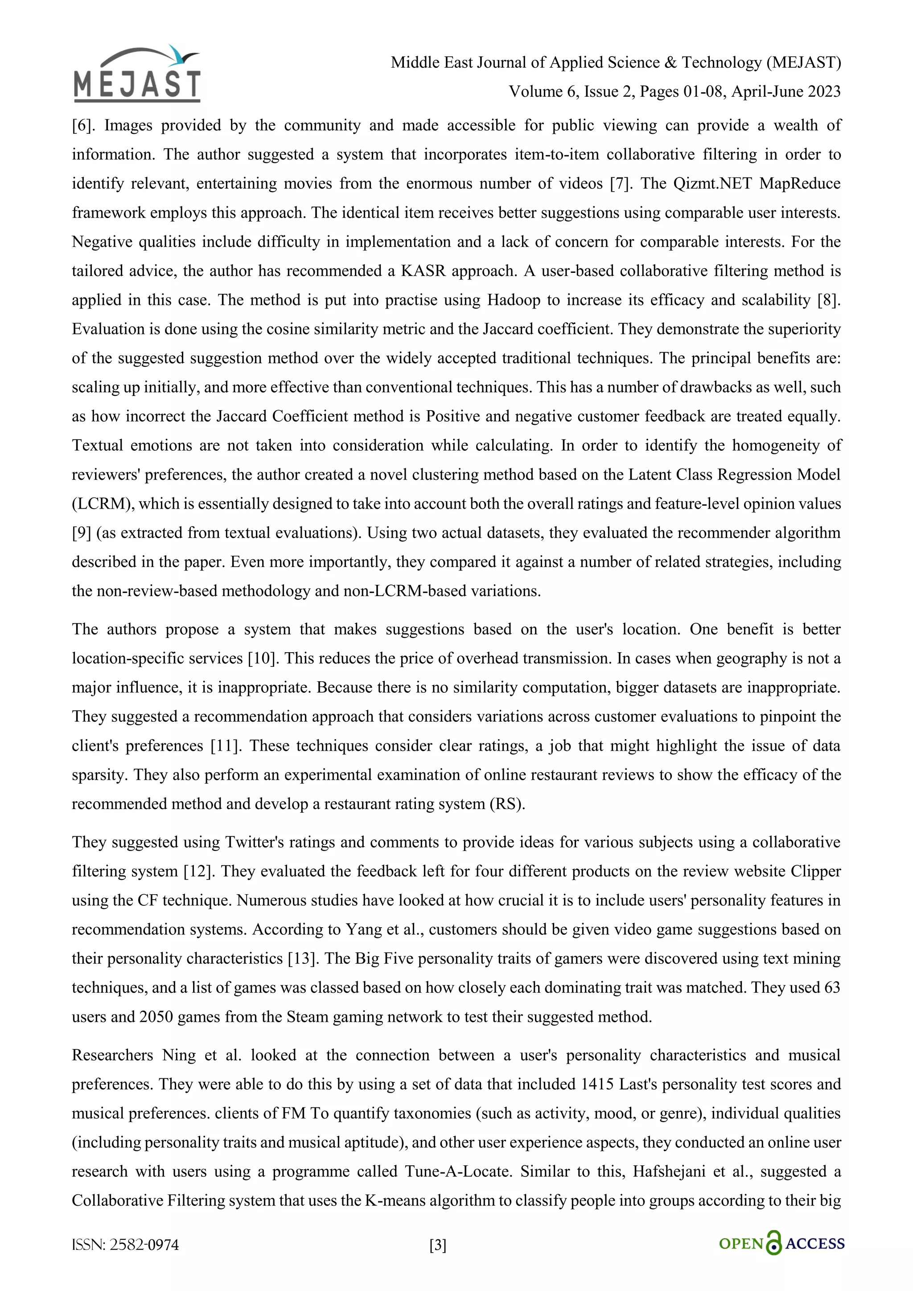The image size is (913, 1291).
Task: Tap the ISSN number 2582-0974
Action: (144, 1246)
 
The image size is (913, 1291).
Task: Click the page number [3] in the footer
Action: (438, 1246)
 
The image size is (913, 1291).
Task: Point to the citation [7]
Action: (620, 183)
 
